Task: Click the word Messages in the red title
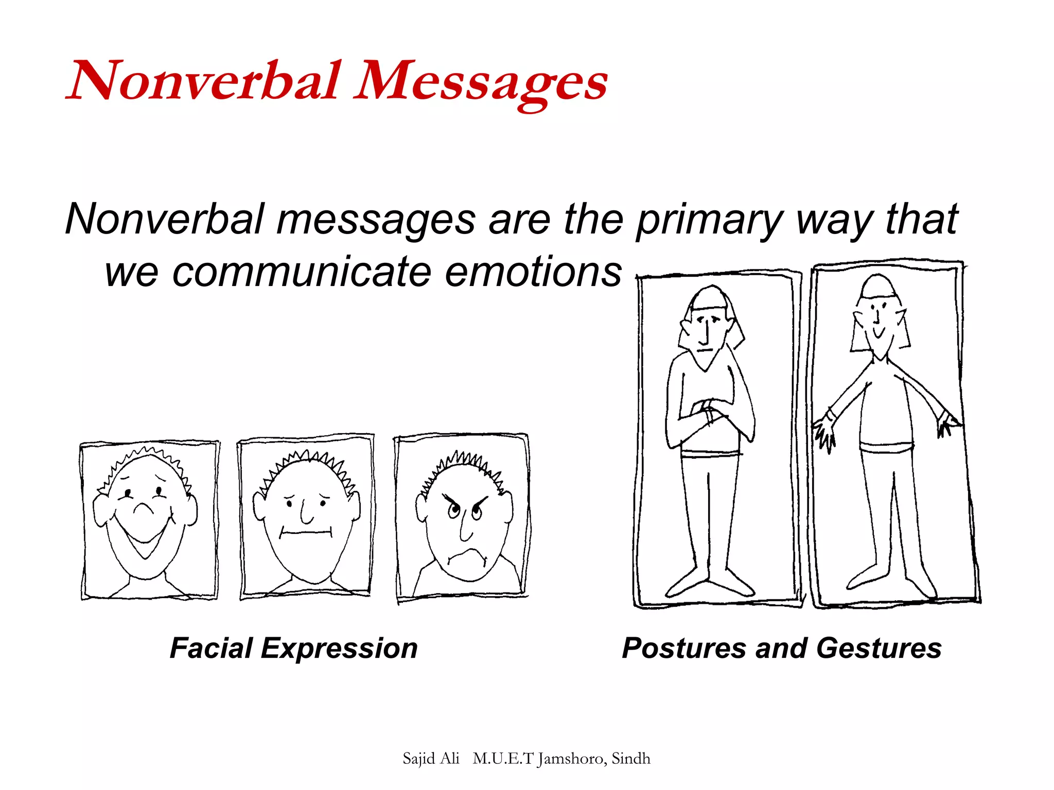click(x=481, y=82)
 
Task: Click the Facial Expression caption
click(x=293, y=648)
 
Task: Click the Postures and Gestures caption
click(x=781, y=648)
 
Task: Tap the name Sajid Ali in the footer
click(x=431, y=759)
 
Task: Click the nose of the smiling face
click(x=144, y=509)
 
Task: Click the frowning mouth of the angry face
click(x=466, y=555)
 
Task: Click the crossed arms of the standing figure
click(x=708, y=411)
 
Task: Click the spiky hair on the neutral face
click(x=309, y=461)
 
